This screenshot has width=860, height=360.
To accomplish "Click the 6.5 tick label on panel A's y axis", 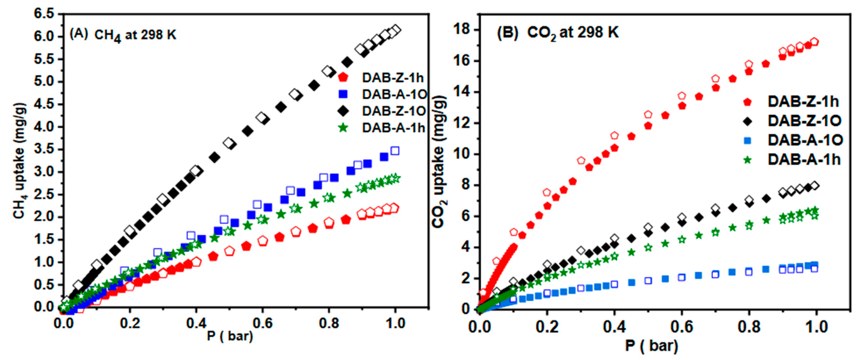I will click(43, 14).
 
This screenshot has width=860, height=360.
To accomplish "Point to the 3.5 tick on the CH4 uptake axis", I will click(43, 149).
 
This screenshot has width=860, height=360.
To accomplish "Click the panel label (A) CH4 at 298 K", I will click(123, 35).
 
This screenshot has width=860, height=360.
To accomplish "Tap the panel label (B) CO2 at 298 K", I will click(558, 33).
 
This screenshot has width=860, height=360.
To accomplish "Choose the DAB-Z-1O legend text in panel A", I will click(394, 111).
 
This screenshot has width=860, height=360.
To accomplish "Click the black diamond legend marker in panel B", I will click(748, 121).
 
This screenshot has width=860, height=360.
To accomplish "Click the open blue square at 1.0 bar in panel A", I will click(395, 151).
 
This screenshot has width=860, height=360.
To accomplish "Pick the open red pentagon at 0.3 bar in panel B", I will click(581, 161).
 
